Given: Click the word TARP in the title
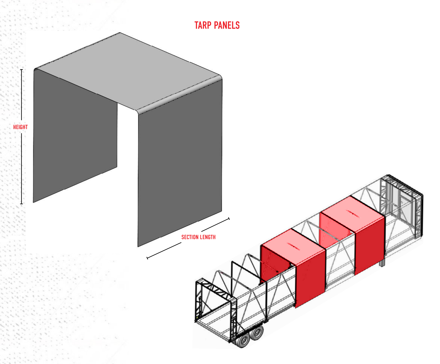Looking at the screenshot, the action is point(203,25).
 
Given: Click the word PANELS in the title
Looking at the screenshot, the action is point(227,25).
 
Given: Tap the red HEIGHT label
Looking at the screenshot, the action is point(21,127).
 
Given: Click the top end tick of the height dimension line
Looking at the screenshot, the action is point(21,69).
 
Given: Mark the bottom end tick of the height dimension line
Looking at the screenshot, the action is point(21,204).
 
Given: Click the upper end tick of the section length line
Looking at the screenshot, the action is point(229,219).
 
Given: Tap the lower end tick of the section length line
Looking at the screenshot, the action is point(147,258).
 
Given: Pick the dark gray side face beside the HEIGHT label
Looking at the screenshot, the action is point(75,135).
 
